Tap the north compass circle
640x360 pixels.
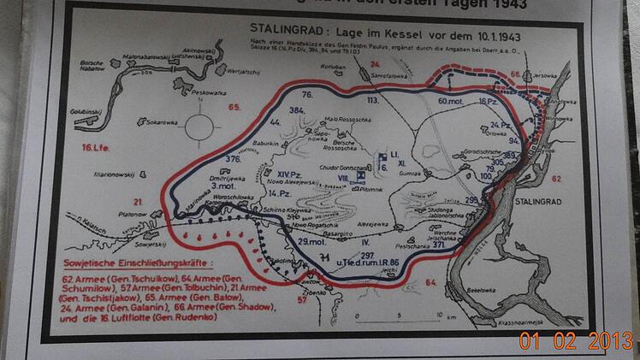(x=201, y=130)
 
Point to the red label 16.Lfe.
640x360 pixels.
(x=96, y=148)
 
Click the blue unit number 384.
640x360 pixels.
(x=298, y=111)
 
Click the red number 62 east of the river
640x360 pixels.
(x=557, y=179)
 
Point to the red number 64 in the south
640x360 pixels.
(x=430, y=282)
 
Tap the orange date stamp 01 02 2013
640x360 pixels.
(x=576, y=340)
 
